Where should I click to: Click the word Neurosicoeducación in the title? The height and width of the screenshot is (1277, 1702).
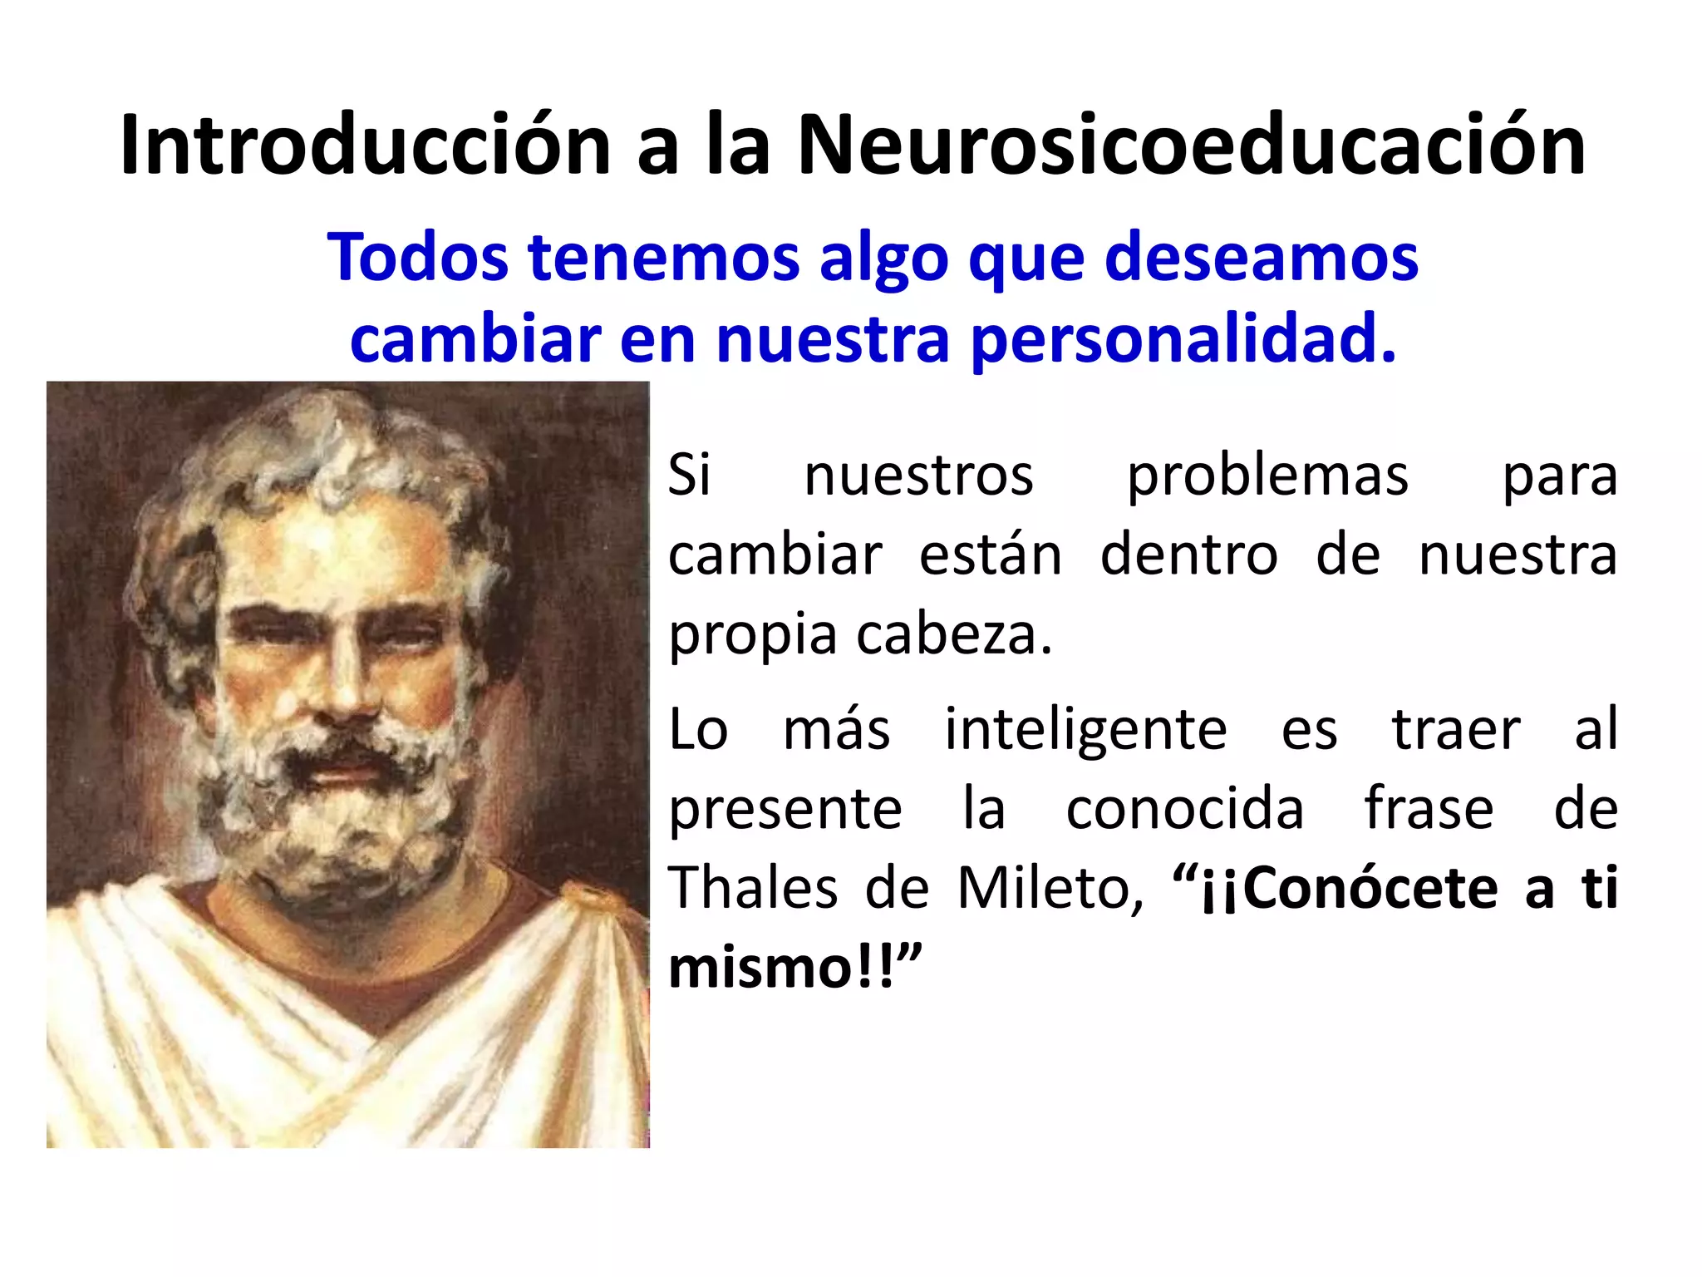click(1190, 145)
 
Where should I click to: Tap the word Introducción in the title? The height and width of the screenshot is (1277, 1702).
click(366, 145)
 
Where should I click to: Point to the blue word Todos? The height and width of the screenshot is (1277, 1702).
click(417, 258)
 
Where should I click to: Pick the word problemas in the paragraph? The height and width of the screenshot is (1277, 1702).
click(1267, 476)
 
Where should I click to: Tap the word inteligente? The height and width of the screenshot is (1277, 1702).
click(1085, 729)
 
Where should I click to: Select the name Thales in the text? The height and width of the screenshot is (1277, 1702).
click(753, 888)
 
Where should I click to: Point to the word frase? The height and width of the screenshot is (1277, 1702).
click(1429, 808)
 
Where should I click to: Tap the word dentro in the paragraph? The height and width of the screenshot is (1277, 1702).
click(1189, 555)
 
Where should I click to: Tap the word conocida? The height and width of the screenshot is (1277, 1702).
click(1185, 808)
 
